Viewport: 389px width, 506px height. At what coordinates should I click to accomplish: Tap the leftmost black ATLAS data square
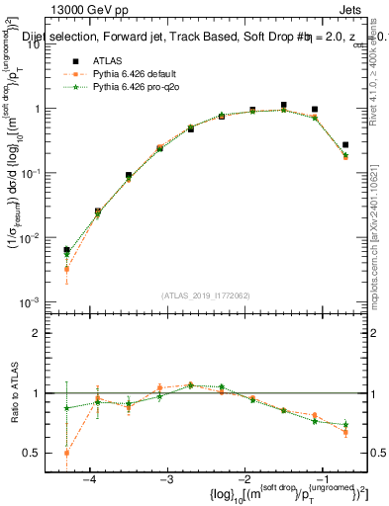click(66, 251)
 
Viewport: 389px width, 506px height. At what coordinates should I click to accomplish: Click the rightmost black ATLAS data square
click(345, 145)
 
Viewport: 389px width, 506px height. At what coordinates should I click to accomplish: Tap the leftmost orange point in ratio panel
click(66, 453)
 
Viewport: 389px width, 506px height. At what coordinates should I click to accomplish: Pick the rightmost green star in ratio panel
click(345, 425)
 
